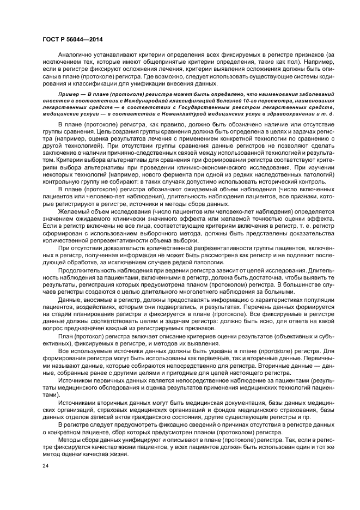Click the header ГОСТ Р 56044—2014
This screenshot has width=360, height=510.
(72, 40)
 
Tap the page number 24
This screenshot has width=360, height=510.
(46, 466)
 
